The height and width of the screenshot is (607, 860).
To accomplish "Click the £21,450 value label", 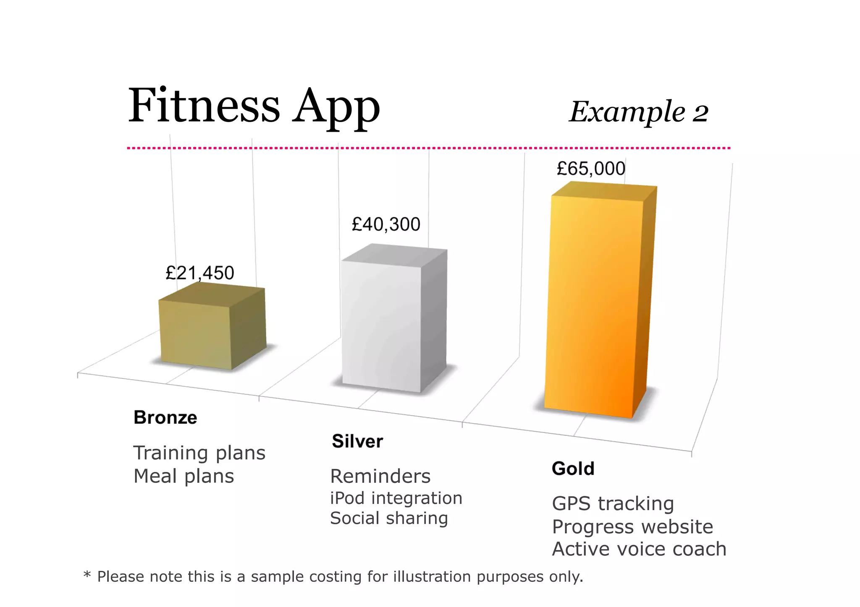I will tap(200, 273).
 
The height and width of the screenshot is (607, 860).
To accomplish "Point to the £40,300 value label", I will tap(386, 224).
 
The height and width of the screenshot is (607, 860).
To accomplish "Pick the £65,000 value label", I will tap(591, 169).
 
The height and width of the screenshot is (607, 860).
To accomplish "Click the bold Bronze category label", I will tap(165, 418).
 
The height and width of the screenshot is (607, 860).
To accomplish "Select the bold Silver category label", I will tap(357, 441).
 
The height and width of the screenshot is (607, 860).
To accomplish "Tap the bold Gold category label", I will tap(573, 469).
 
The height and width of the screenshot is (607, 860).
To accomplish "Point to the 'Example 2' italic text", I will tap(639, 112).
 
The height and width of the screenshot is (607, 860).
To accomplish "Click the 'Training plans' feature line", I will tap(199, 453).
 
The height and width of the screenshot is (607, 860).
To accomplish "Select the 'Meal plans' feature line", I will tap(184, 477).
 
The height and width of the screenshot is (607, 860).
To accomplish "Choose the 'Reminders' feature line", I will tap(380, 477).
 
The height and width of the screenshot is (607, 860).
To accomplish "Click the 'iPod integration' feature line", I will tap(396, 498).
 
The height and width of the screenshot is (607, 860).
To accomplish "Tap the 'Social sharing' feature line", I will tap(389, 518).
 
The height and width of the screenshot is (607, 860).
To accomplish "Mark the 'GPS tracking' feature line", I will tap(613, 504).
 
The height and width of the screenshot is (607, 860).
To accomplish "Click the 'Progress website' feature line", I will tap(632, 527).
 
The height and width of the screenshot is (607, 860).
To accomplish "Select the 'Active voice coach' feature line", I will tap(639, 549).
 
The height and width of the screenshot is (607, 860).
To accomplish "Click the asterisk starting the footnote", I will tap(87, 574).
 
